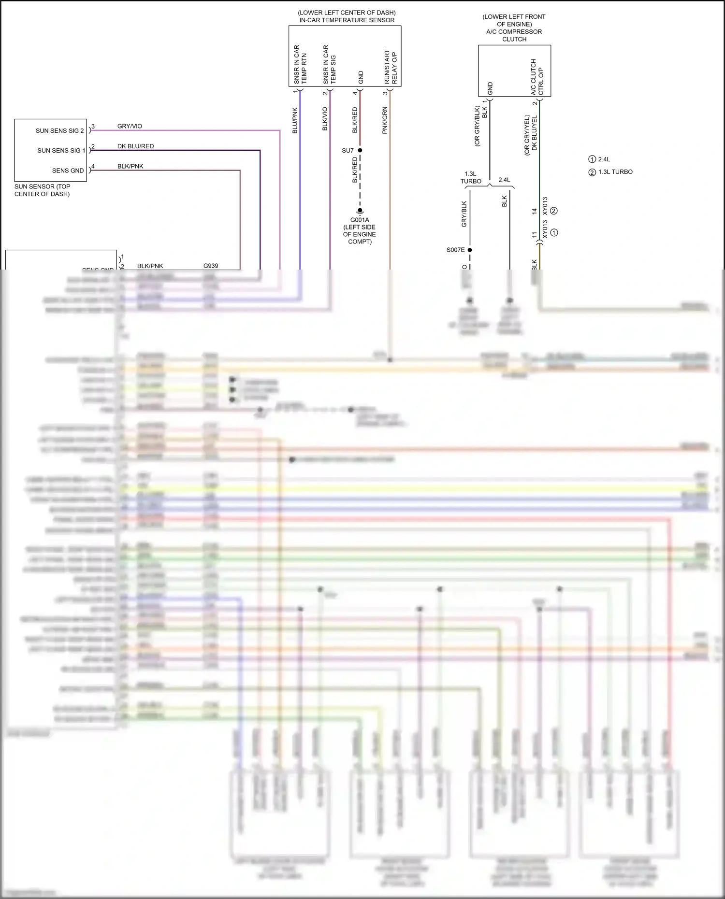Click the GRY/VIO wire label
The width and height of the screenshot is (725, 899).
pos(130,126)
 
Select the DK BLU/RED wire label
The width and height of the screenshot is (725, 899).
pos(135,146)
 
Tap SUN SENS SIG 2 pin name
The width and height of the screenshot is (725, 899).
pos(59,131)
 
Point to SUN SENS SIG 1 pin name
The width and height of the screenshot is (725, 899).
pos(61,151)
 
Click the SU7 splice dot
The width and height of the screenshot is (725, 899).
pos(360,150)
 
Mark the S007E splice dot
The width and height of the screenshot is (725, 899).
pos(470,250)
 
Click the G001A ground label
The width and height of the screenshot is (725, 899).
pos(360,220)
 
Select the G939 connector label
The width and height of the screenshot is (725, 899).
pos(211,266)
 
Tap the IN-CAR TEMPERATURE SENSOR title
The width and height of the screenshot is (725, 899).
pos(347,20)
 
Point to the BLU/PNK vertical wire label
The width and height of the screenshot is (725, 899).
pos(295,120)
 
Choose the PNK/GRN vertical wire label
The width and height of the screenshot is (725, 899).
pos(385,120)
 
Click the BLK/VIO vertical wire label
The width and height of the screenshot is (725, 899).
pos(325,119)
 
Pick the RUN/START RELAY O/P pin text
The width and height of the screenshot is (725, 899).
pos(391,67)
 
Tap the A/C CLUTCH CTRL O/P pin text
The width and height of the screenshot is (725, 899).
pos(537,77)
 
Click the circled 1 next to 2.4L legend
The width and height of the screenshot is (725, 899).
pos(592,159)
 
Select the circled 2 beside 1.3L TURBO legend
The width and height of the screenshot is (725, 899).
pos(592,172)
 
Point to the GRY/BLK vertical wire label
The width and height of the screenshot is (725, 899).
pos(464,214)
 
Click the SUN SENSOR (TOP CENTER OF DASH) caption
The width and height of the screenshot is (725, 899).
pos(42,190)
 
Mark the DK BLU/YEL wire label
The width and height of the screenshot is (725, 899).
pos(535,133)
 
